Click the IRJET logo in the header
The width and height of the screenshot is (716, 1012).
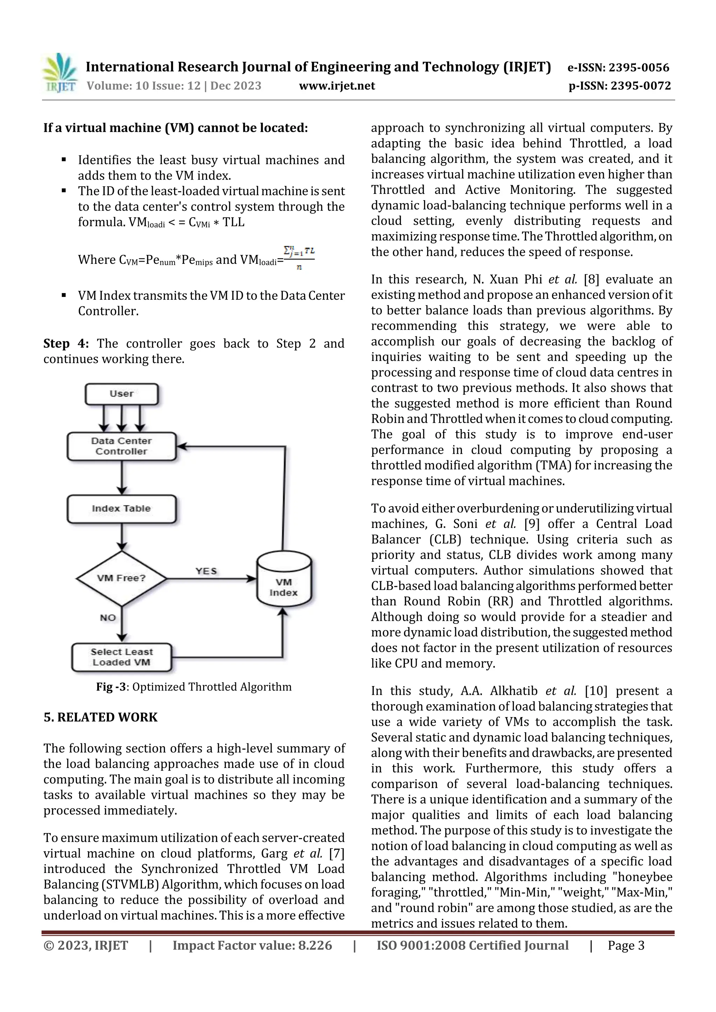coord(59,73)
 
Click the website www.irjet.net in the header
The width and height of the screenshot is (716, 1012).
coord(337,86)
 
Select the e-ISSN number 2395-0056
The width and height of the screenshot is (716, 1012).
coord(639,67)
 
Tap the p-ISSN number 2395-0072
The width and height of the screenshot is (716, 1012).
coord(640,86)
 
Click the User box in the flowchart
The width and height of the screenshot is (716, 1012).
coord(121,394)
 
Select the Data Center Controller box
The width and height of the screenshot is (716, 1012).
coord(121,446)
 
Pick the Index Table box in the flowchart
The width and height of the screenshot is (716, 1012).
coord(121,509)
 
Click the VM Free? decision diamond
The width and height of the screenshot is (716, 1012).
coord(121,578)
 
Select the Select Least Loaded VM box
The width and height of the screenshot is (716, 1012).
coord(121,657)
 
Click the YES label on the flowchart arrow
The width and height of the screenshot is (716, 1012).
coord(206,571)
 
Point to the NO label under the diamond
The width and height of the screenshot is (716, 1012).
coord(108,618)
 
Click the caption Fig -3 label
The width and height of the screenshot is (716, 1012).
coord(111,687)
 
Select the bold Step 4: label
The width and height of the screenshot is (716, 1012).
coord(66,343)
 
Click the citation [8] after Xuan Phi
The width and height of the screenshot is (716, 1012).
coord(591,279)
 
